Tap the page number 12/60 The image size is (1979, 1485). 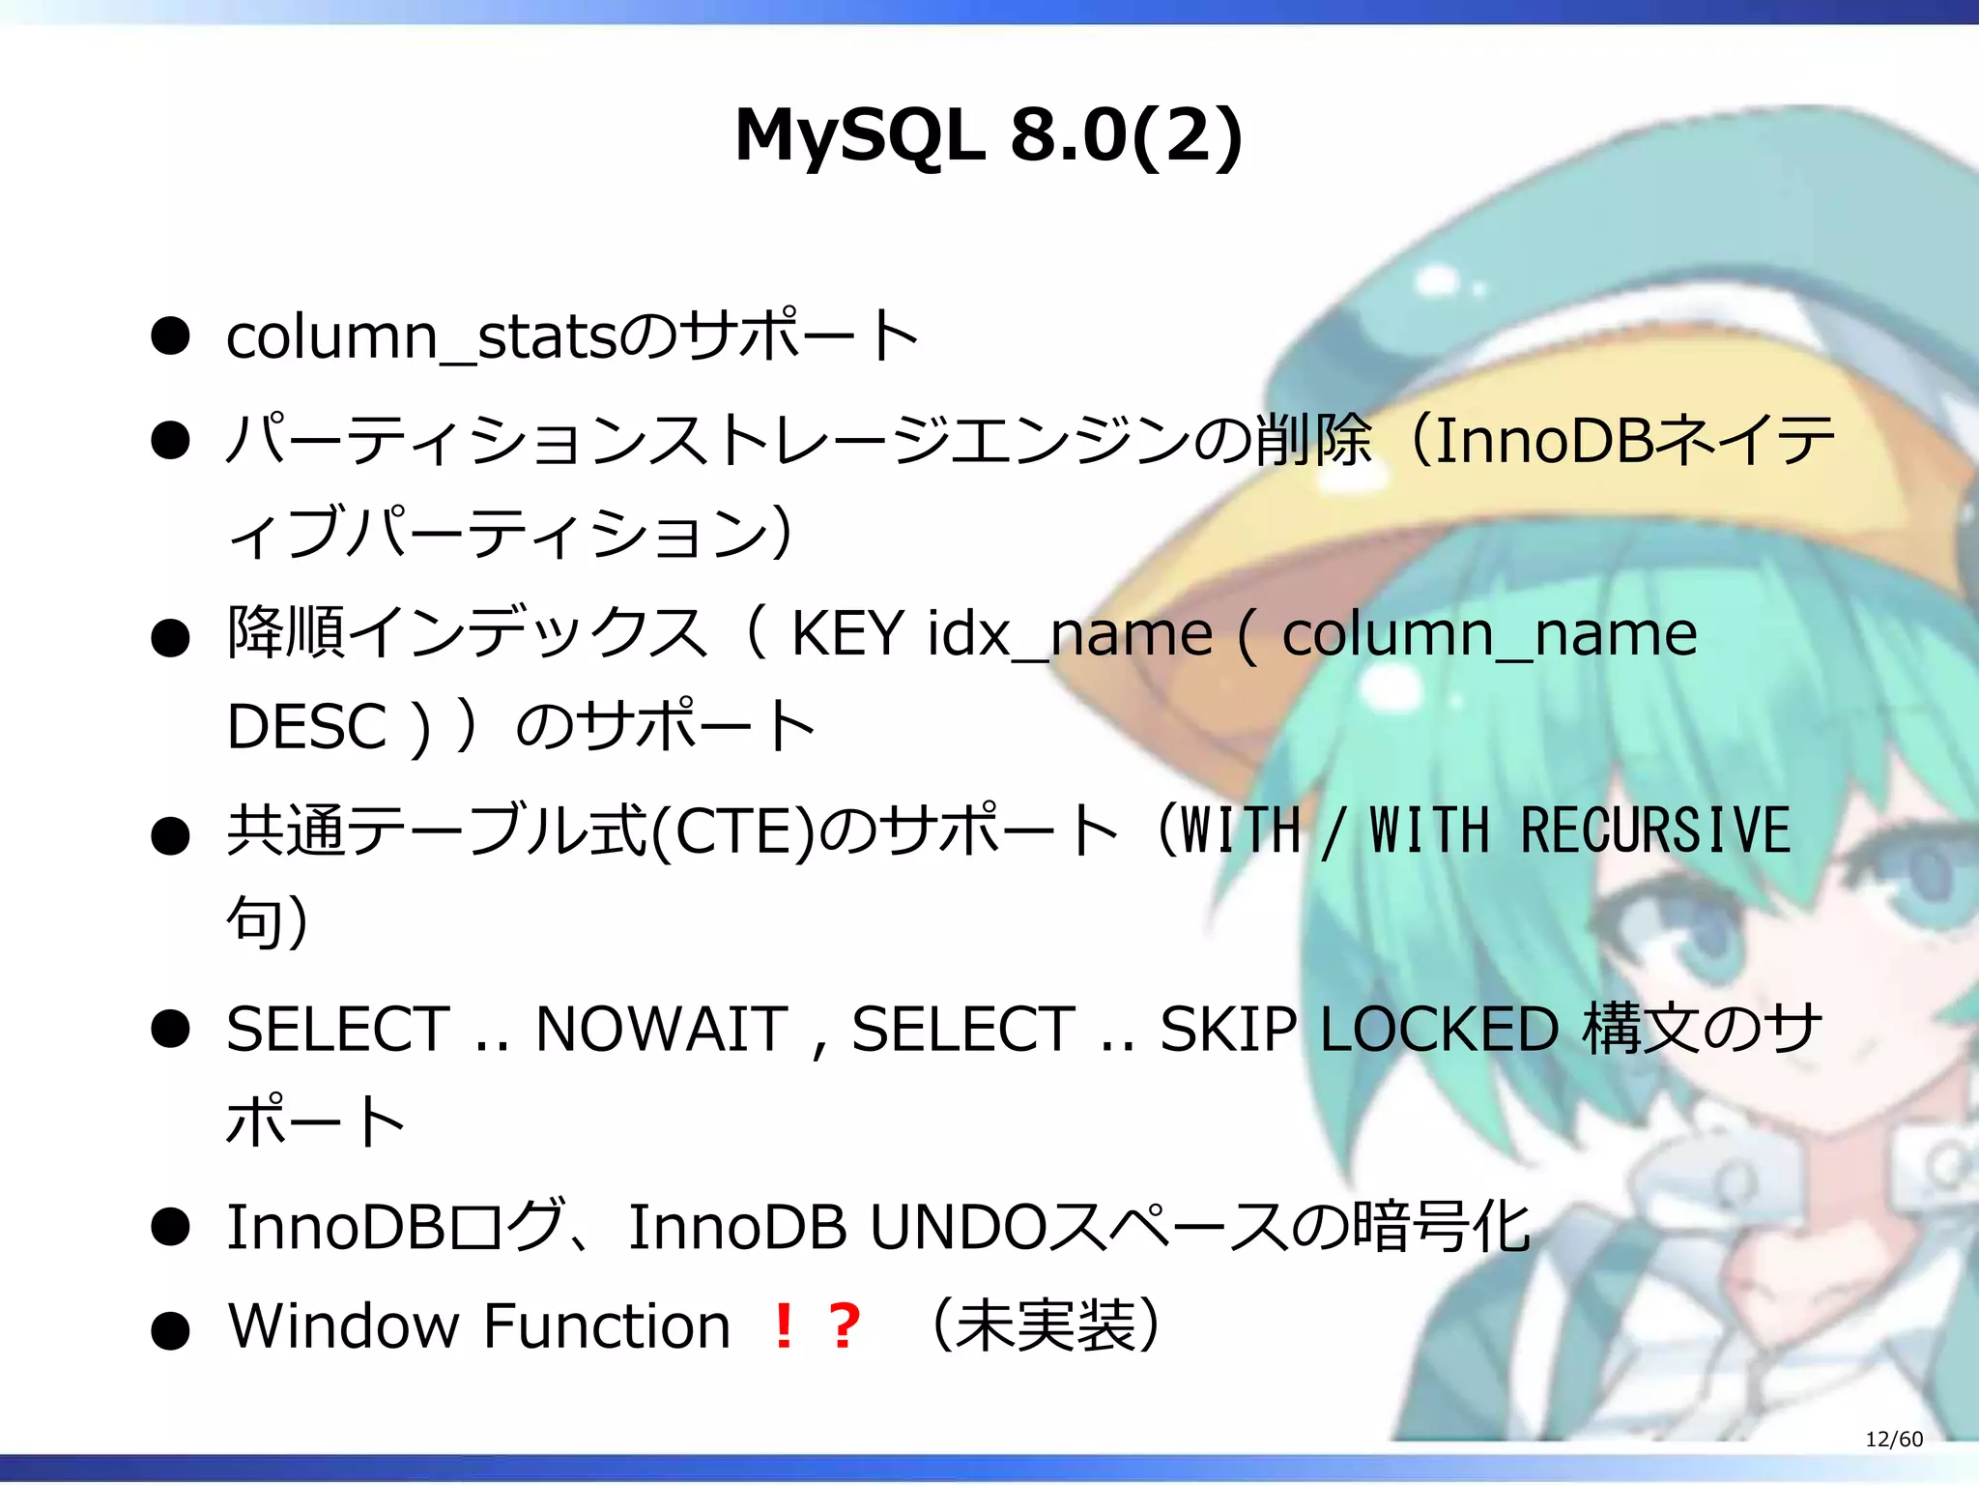click(1893, 1439)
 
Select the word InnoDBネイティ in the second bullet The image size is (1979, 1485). click(1633, 440)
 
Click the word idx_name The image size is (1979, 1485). click(1069, 635)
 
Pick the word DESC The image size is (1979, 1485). click(306, 727)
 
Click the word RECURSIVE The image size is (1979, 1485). click(1655, 831)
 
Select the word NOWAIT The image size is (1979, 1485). click(662, 1029)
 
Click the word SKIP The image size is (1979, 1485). click(1228, 1029)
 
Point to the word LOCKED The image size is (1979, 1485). click(1439, 1029)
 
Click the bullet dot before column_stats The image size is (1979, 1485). click(170, 337)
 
